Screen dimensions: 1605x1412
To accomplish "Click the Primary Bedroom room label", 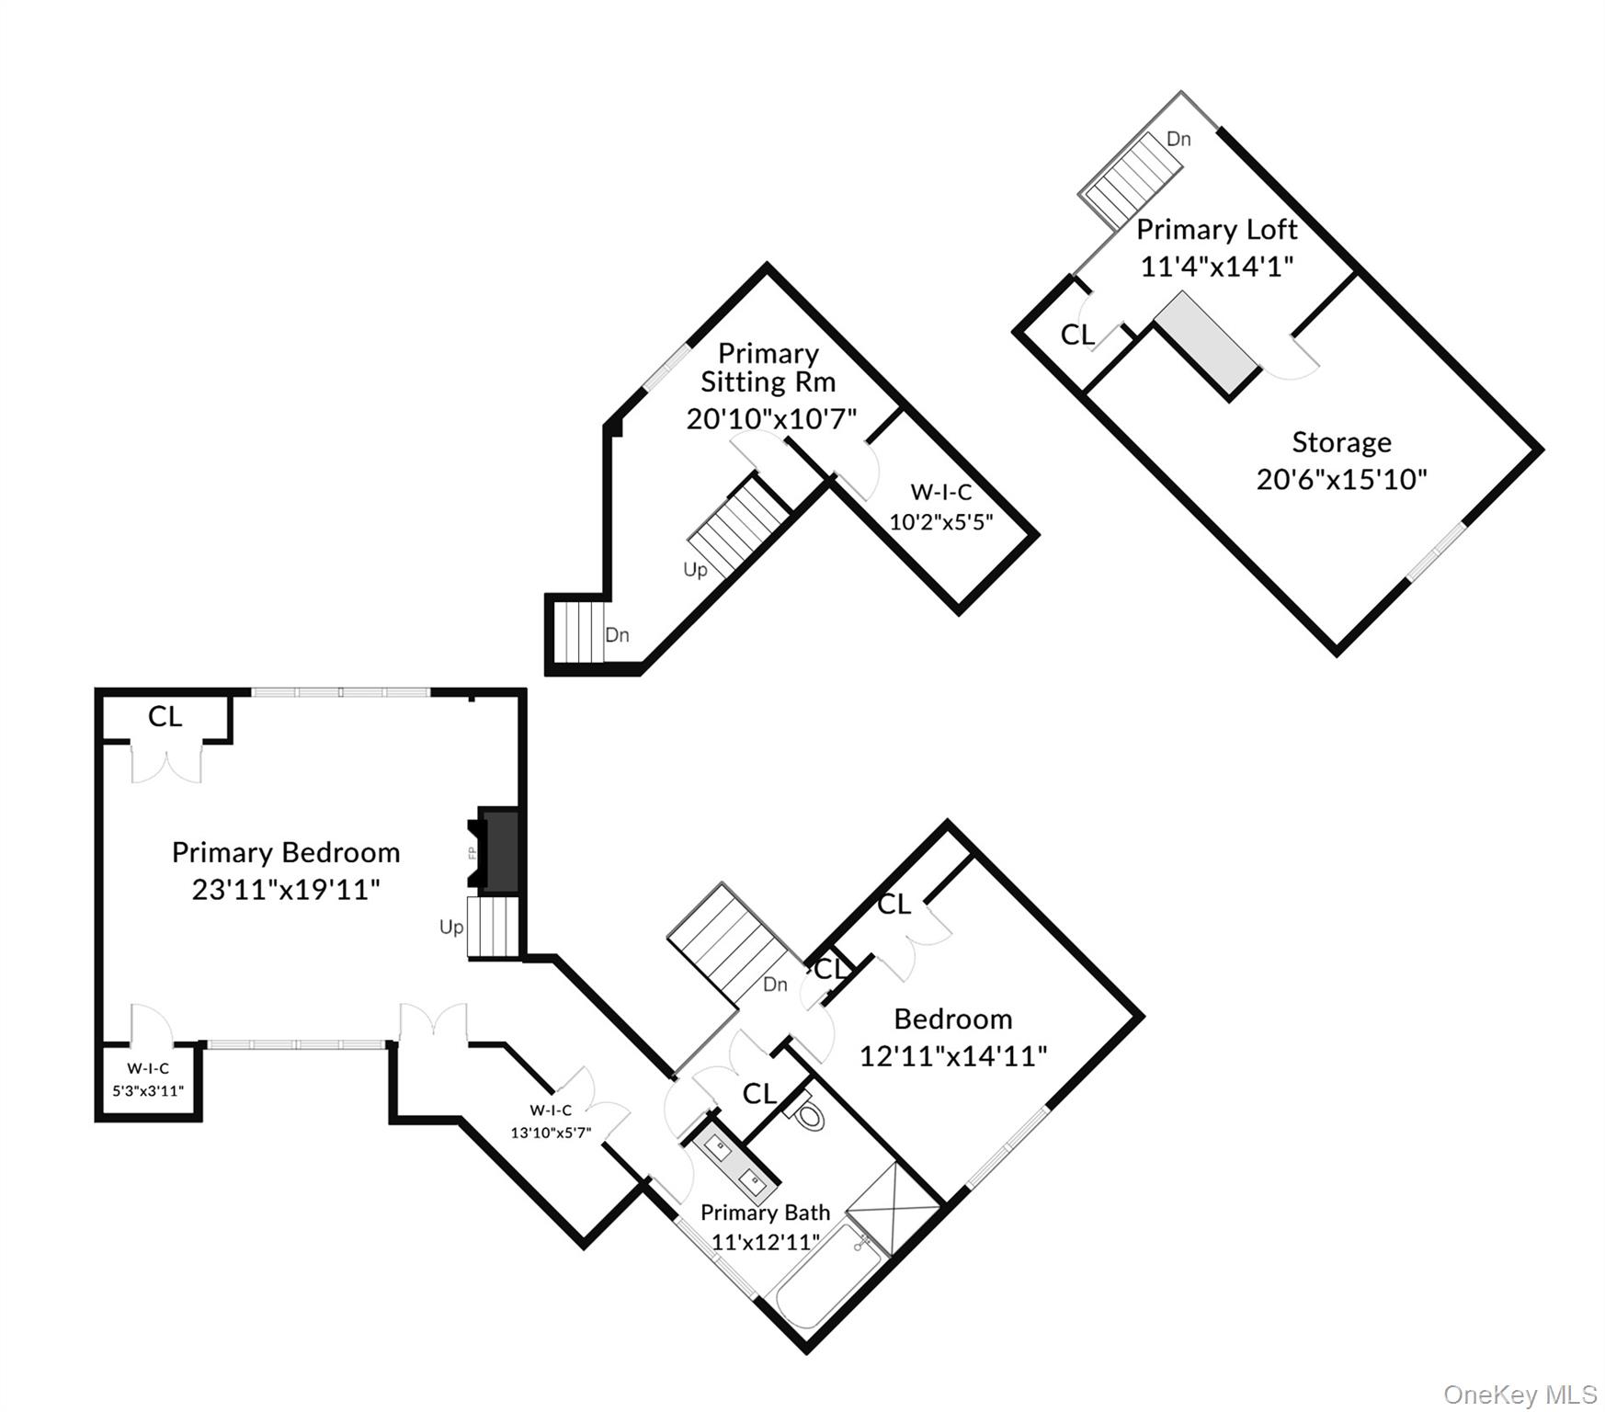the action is pos(286,852).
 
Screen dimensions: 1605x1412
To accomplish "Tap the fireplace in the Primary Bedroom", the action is pos(499,849).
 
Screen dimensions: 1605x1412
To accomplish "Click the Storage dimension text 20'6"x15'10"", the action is pos(1341,479).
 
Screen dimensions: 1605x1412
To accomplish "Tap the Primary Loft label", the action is pos(1216,229).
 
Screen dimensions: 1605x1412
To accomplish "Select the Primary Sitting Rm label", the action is pos(768,368).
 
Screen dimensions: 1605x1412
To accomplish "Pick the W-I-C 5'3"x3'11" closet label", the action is pos(148,1079).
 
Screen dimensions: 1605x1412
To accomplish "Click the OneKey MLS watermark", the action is pos(1520,1395).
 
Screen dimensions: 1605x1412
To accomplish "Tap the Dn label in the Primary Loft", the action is pos(1178,139).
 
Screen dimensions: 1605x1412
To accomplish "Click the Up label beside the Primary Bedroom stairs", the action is pos(451,927).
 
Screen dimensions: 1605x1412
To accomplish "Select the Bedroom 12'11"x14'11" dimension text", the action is pos(953,1055).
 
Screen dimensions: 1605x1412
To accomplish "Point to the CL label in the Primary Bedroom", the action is pos(165,716).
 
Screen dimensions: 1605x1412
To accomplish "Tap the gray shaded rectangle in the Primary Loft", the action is pos(1206,347).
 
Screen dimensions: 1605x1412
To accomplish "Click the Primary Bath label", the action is pos(765,1213).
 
